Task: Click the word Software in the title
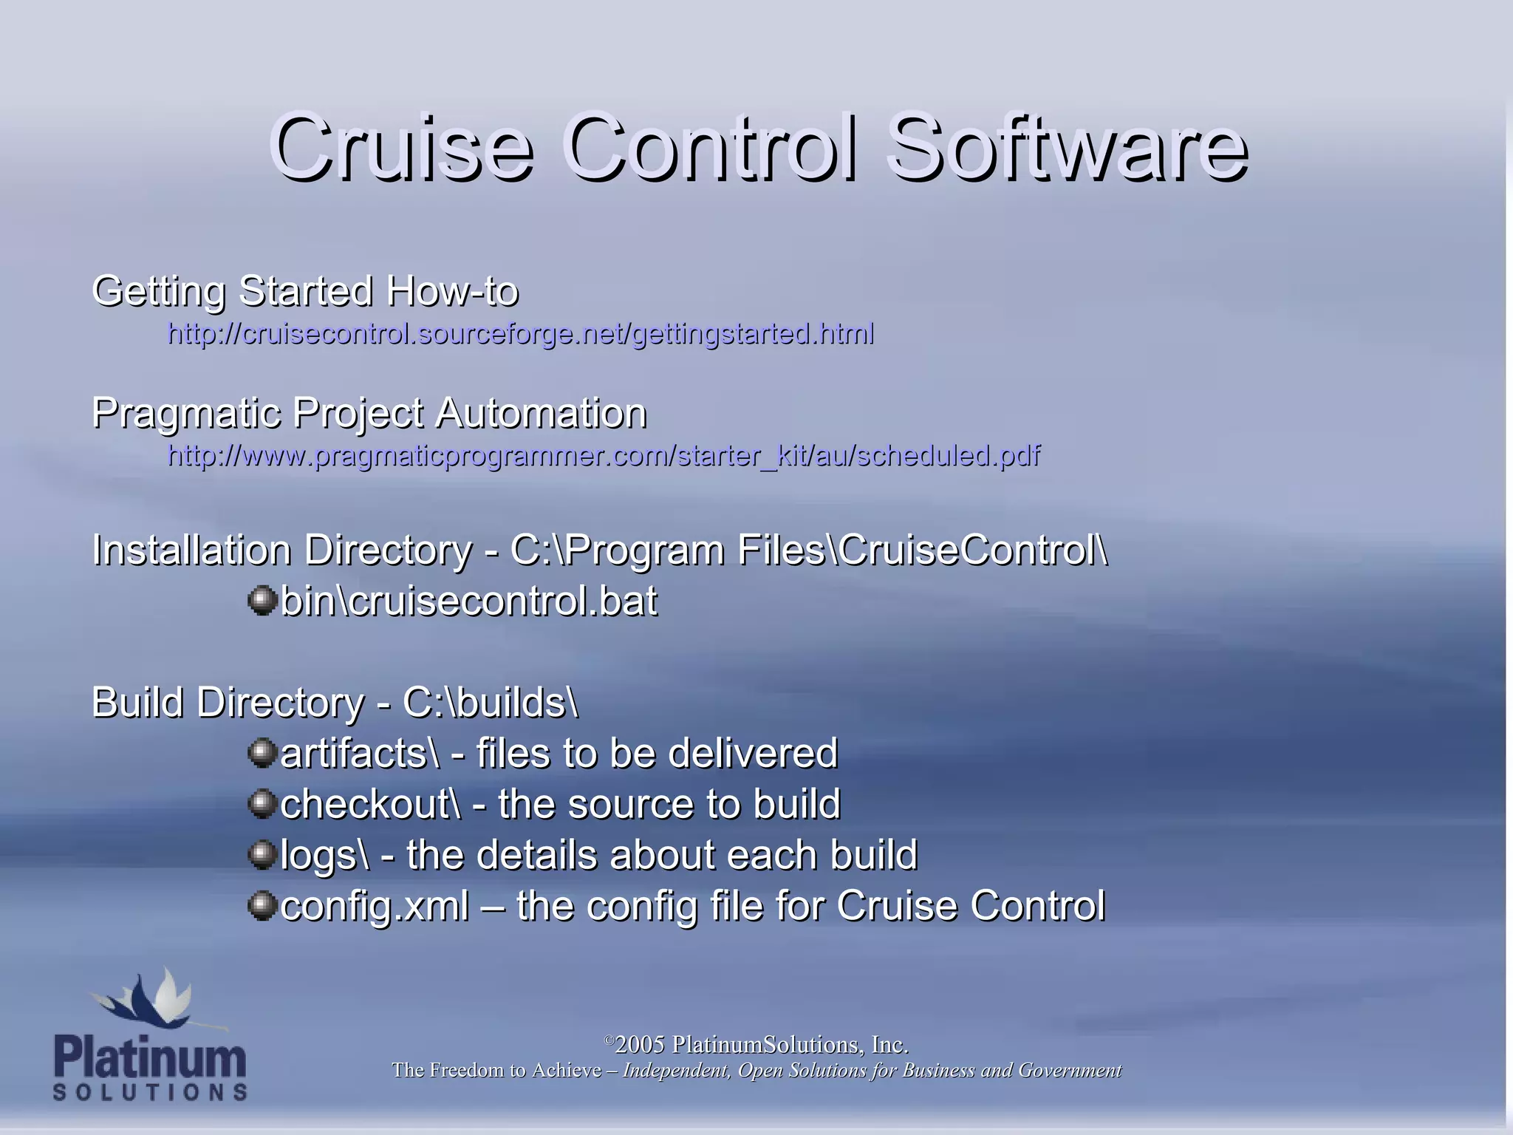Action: click(1068, 148)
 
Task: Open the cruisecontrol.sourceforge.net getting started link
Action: click(521, 334)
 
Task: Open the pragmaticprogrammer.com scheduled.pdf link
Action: click(604, 456)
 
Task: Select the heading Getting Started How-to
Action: click(305, 290)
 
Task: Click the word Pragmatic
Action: click(186, 413)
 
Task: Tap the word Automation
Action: click(541, 413)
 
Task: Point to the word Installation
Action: click(191, 551)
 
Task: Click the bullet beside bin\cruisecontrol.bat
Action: click(262, 600)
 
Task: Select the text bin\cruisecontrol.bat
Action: click(468, 601)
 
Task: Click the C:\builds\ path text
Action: click(490, 703)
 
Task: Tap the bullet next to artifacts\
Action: click(262, 752)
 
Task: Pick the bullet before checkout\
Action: click(262, 803)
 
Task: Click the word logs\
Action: click(324, 856)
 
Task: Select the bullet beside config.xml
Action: click(262, 904)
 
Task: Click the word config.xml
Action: click(375, 907)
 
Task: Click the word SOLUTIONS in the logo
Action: click(150, 1092)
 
